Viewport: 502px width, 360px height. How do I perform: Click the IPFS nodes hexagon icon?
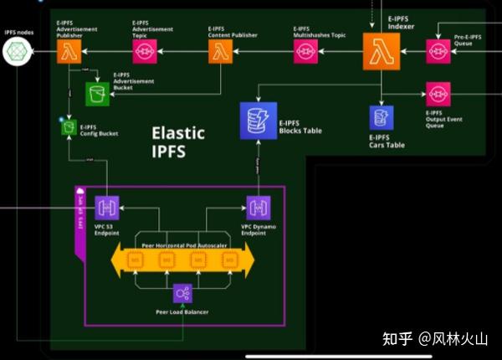17,53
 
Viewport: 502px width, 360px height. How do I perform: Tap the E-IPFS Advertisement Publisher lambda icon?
68,53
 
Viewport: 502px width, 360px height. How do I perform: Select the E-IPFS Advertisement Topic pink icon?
144,53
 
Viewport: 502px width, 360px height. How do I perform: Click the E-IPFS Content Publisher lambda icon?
220,53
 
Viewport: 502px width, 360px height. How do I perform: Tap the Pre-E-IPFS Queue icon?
438,52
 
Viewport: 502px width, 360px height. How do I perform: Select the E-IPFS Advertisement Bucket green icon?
98,95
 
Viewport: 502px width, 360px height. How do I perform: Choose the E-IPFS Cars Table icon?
382,117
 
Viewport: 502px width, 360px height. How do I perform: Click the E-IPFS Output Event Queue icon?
438,94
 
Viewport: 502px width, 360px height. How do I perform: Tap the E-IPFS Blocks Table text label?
300,126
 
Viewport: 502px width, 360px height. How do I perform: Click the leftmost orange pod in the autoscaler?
134,261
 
